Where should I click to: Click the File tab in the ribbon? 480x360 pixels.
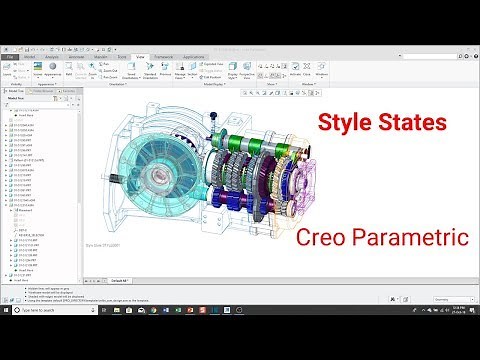[9, 57]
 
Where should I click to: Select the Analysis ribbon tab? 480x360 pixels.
[52, 57]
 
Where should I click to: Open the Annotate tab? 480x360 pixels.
[77, 57]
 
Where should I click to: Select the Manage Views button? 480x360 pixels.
[179, 74]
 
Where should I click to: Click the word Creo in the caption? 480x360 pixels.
[326, 238]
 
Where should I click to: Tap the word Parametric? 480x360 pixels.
[410, 238]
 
